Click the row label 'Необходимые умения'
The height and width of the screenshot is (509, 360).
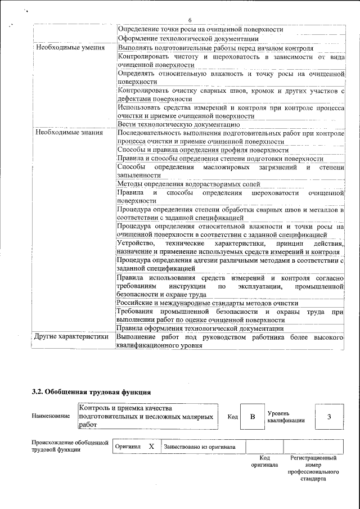70,48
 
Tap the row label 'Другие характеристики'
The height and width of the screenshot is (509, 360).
71,337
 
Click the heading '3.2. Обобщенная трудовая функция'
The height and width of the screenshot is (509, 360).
92,391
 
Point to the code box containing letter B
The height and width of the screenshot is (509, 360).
253,417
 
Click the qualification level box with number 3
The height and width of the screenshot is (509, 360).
329,417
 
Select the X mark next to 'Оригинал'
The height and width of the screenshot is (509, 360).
151,447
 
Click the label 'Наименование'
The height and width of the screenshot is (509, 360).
51,416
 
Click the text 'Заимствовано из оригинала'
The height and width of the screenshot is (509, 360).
200,447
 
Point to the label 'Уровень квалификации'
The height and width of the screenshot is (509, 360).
286,417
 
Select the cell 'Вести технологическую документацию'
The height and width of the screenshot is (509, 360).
179,124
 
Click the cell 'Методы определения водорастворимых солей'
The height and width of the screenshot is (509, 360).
188,184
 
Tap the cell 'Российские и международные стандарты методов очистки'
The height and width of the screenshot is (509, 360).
207,303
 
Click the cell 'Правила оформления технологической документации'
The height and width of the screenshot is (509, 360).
200,328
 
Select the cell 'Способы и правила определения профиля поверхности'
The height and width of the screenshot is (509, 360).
202,150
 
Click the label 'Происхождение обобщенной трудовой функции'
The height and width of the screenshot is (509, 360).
70,446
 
